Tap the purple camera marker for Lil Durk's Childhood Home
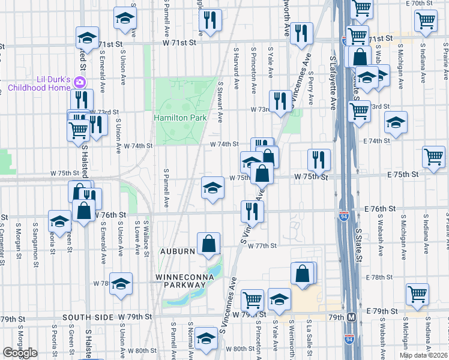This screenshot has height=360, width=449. point(80,82)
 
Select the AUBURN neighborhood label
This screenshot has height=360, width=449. point(177,251)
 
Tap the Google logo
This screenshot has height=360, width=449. point(20,353)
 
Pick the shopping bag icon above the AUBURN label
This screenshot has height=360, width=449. point(208,244)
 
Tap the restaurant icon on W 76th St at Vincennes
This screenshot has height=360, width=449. point(252,211)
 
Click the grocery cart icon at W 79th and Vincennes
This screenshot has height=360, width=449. point(253,299)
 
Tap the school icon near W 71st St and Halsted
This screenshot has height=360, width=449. point(87,37)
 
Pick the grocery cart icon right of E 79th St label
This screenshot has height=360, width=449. point(417,294)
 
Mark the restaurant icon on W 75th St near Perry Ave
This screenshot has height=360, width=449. point(319,160)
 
